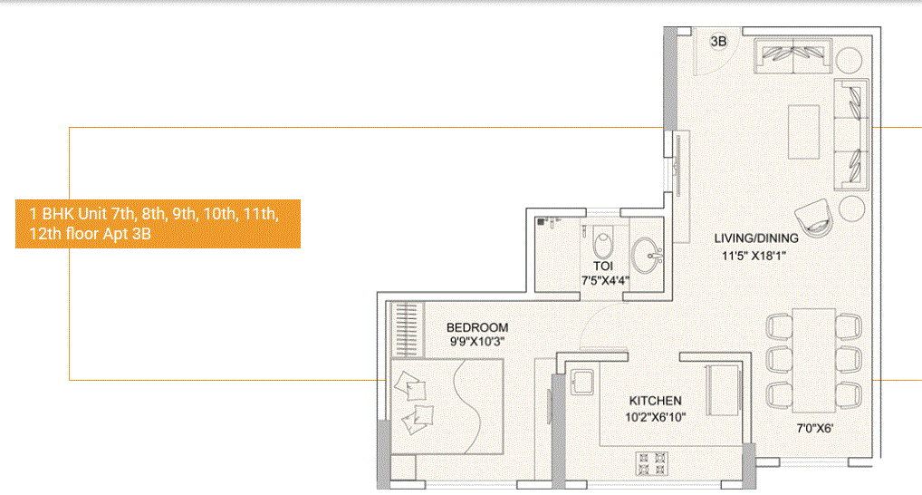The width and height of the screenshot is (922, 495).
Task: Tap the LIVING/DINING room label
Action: click(x=756, y=238)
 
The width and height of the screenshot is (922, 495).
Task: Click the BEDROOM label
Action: click(x=477, y=327)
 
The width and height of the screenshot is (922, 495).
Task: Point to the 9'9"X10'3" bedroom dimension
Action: click(x=477, y=342)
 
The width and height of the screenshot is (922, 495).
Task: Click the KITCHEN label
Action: click(x=656, y=401)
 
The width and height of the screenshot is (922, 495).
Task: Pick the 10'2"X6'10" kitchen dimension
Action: click(x=656, y=417)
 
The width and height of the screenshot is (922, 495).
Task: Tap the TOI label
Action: click(x=603, y=267)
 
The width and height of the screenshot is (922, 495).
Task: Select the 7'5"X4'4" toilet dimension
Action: click(x=605, y=280)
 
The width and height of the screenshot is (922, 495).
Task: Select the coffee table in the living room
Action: click(x=804, y=133)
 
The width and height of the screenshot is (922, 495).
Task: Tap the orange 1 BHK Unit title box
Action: click(x=158, y=223)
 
